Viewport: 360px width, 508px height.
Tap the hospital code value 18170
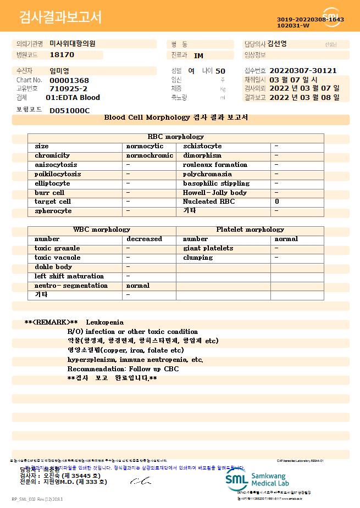click(62, 55)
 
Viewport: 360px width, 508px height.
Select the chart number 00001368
click(69, 80)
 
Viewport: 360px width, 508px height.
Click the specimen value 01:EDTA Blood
click(73, 98)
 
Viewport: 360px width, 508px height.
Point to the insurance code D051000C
click(69, 110)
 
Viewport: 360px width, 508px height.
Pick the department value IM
click(198, 55)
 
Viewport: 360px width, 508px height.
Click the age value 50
click(220, 71)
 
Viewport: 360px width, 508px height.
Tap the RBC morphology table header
click(176, 137)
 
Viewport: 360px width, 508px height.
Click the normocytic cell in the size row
click(145, 146)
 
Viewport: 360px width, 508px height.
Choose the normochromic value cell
click(149, 155)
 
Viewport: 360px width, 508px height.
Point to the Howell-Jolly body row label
click(214, 193)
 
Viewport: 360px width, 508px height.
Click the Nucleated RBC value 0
click(277, 202)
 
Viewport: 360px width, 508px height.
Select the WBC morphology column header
click(102, 230)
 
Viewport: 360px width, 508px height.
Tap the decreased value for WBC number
click(144, 239)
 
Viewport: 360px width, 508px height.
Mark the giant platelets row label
click(208, 248)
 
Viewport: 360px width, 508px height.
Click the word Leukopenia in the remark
click(105, 322)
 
